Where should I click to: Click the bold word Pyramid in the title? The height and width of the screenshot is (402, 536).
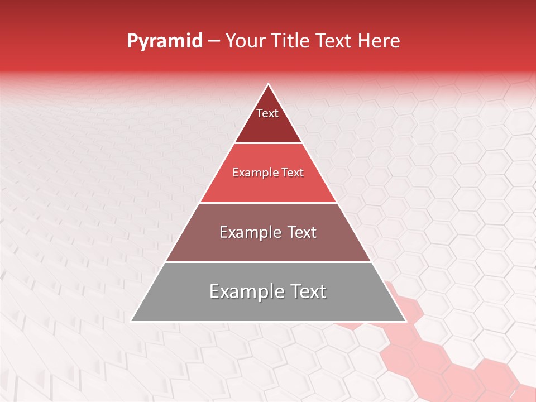[164, 41]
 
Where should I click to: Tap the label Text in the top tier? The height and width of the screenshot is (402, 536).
[267, 113]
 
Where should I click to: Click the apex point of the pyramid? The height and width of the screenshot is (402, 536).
[268, 84]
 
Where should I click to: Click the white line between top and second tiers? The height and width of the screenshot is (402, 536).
[268, 143]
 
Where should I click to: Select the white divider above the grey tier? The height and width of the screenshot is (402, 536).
[268, 262]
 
